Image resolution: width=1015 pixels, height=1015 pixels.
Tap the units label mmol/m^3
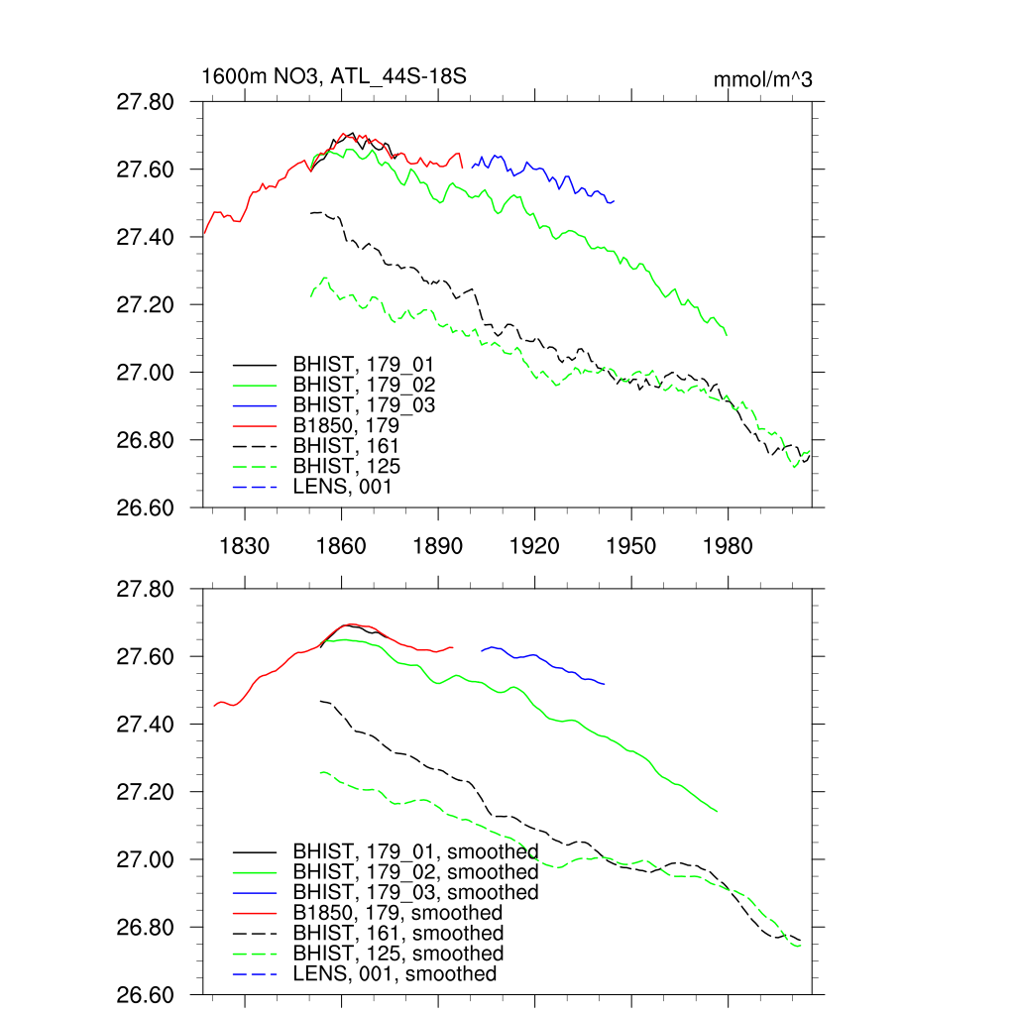[x=762, y=80]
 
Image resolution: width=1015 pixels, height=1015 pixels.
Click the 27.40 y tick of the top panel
[x=146, y=237]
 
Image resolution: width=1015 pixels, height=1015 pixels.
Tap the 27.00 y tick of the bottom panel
[x=146, y=859]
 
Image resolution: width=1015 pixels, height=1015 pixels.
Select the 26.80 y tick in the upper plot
[x=146, y=439]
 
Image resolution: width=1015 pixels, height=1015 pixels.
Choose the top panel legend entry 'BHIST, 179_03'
[x=363, y=404]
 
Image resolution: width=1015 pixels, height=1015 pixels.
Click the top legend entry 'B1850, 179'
[x=353, y=425]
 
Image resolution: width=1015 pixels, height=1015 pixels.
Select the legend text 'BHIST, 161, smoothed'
[x=397, y=933]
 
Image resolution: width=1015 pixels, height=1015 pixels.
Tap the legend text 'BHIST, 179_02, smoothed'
[x=415, y=872]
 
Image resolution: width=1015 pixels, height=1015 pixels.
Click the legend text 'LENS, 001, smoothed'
[x=395, y=974]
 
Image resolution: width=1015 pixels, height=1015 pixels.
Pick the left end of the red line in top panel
[x=204, y=233]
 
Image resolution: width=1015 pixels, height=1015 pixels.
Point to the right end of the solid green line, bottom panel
[x=717, y=811]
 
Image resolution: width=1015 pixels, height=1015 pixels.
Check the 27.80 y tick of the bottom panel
[x=146, y=590]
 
